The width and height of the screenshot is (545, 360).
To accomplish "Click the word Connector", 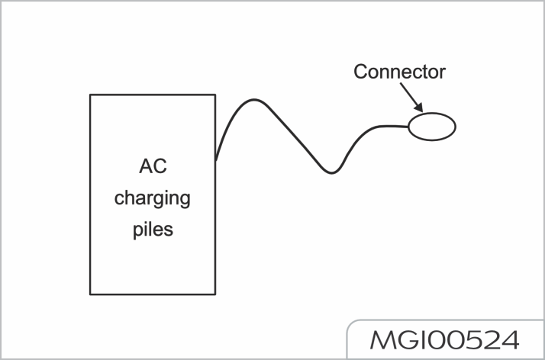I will pyautogui.click(x=399, y=72).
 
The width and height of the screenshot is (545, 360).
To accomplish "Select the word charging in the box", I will pyautogui.click(x=153, y=199).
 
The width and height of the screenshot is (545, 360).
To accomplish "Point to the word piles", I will pyautogui.click(x=153, y=229).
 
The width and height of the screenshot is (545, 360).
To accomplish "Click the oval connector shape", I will pyautogui.click(x=432, y=126).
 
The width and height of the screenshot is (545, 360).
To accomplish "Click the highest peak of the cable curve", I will pyautogui.click(x=254, y=100).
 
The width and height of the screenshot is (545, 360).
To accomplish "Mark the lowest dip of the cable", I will pyautogui.click(x=331, y=173).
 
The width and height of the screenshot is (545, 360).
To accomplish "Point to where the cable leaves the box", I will pyautogui.click(x=216, y=161).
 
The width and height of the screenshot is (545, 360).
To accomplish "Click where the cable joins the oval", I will pyautogui.click(x=408, y=126).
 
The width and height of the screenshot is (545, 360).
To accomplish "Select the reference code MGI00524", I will pyautogui.click(x=443, y=339).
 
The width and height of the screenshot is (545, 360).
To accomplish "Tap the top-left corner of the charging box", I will pyautogui.click(x=90, y=95).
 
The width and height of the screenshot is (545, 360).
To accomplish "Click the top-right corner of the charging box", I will pyautogui.click(x=215, y=95).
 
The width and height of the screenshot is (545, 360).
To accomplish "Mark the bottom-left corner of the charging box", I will pyautogui.click(x=90, y=294).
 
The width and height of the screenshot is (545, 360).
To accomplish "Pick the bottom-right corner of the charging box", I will pyautogui.click(x=215, y=294).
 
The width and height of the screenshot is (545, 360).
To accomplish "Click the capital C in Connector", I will pyautogui.click(x=360, y=72).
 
